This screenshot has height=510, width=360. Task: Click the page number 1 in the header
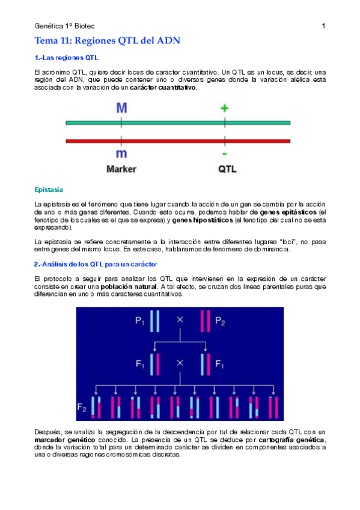point(323,26)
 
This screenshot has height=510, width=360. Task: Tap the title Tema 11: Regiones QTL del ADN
point(108,41)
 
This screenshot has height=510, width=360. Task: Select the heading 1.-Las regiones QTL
point(67,58)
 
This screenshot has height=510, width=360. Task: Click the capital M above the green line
point(122,108)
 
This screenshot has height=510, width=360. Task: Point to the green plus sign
point(225,108)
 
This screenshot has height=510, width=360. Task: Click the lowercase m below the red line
point(122,155)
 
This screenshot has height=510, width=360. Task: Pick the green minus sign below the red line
point(225,155)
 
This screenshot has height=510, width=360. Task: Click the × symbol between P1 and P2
point(179,320)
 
